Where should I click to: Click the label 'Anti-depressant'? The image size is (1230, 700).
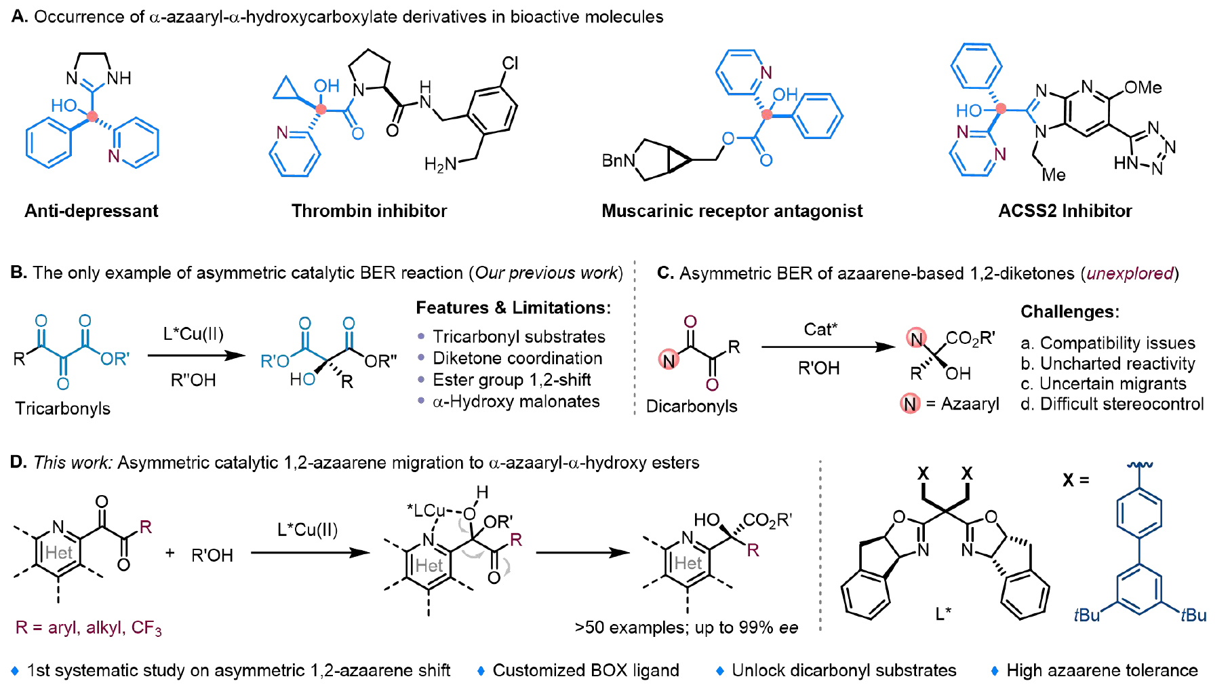pos(92,211)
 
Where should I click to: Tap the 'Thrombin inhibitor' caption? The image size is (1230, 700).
pos(369,211)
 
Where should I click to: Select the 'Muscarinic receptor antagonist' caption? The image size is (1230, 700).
pos(732,211)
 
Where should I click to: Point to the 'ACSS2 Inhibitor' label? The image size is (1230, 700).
pos(1065,211)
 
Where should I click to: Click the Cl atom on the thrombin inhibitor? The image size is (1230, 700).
pos(510,64)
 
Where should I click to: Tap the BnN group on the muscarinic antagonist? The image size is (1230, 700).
pos(618,161)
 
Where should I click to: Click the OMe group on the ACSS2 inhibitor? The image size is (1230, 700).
pos(1143,87)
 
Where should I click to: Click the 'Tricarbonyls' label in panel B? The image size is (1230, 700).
pos(62,408)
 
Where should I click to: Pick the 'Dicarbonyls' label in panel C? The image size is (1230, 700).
pos(692,406)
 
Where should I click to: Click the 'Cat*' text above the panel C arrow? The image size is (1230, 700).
pos(820,330)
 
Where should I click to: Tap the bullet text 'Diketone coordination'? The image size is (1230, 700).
pos(517,358)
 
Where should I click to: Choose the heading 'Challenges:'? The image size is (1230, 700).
pos(1070,312)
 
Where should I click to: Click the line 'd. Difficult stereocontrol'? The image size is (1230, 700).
pos(1112,404)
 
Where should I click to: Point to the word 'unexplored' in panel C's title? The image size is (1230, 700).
pos(1130,273)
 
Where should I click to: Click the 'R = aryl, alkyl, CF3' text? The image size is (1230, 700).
pos(88,628)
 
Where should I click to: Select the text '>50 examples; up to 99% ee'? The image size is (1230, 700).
pos(686,628)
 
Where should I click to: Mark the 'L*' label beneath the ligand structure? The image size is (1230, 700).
pos(943,614)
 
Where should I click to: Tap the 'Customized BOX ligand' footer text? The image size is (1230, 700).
pos(586,671)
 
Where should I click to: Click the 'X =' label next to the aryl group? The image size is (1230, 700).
pos(1075,480)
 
